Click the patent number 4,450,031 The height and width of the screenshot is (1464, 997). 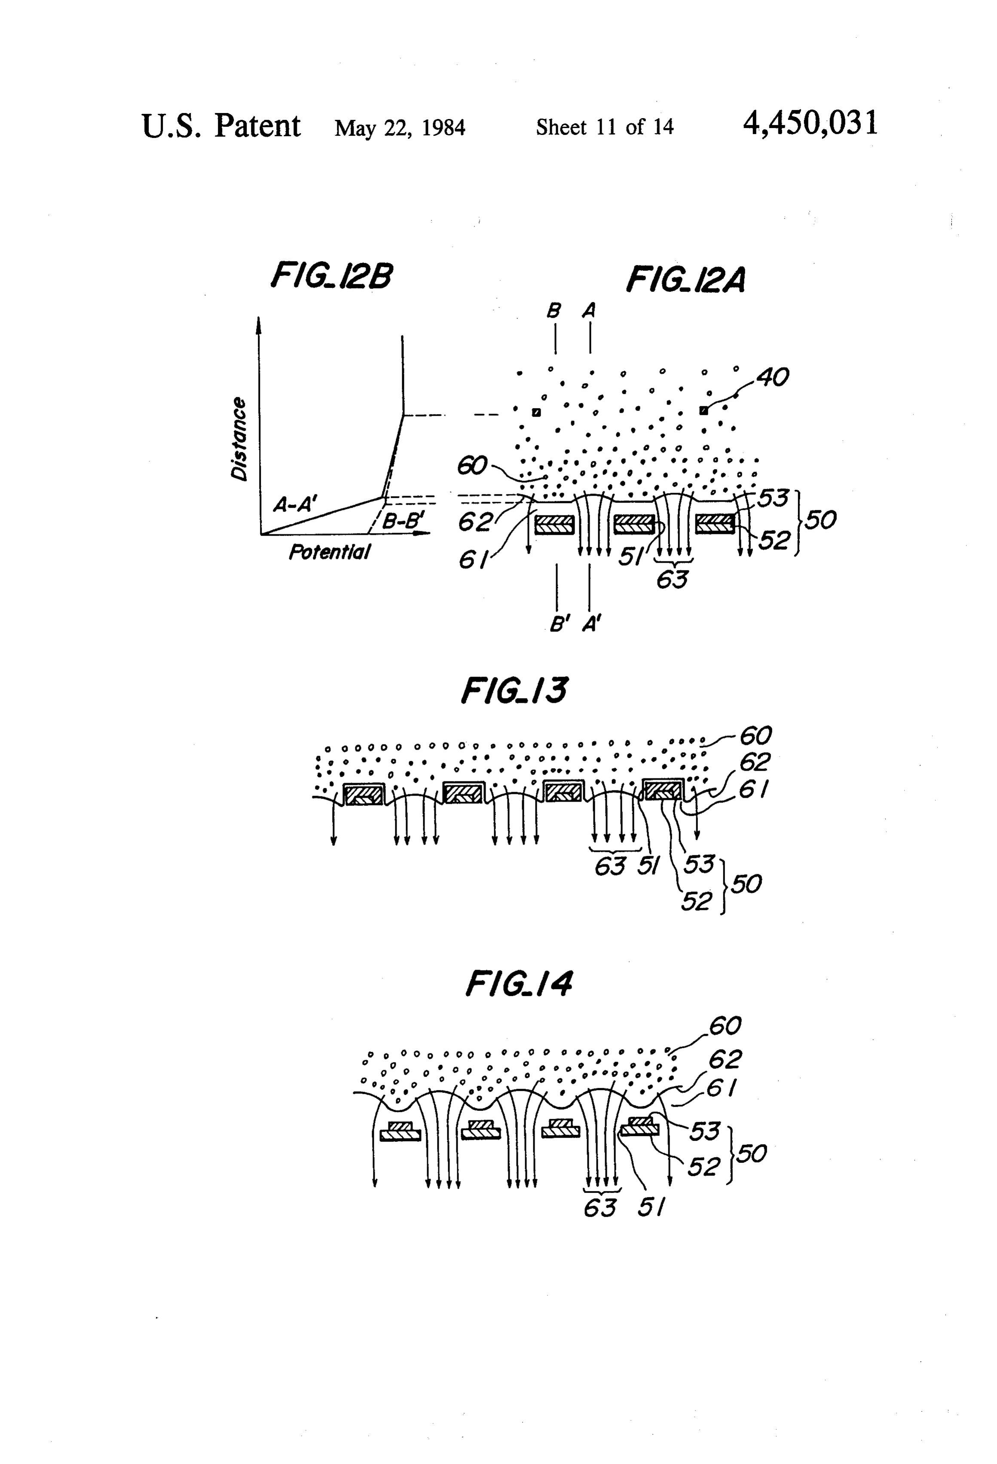pos(810,123)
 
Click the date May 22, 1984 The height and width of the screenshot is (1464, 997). pos(400,128)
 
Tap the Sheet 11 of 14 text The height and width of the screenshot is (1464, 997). pos(604,127)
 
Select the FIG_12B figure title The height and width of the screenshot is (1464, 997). pos(331,275)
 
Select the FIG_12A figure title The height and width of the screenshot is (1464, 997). pos(686,280)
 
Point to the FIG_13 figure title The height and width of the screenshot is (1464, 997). pos(514,690)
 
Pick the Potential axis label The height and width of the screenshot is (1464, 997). pos(329,552)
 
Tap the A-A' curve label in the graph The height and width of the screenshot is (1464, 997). pos(295,503)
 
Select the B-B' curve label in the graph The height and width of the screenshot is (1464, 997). pos(404,520)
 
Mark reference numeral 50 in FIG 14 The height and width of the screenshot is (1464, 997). pos(751,1153)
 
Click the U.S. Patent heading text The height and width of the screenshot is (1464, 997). pos(221,125)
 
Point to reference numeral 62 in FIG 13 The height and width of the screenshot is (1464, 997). pos(754,762)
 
